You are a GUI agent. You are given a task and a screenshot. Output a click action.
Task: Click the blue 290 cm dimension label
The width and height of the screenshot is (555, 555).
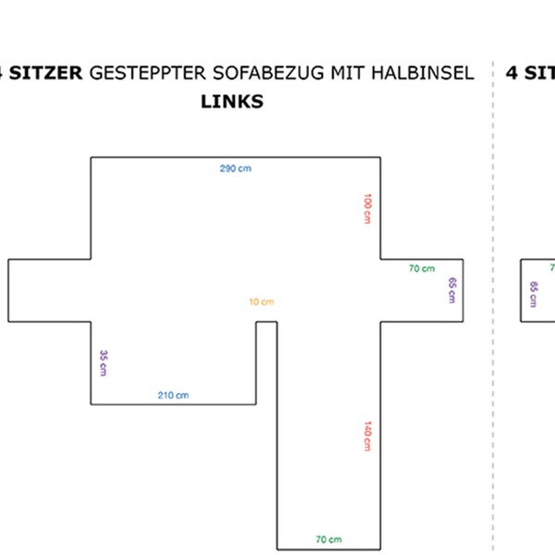[235, 168]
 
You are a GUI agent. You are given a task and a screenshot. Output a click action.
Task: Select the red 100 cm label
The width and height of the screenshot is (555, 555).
[367, 208]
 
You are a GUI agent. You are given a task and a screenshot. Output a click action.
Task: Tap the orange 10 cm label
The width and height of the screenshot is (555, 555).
[262, 302]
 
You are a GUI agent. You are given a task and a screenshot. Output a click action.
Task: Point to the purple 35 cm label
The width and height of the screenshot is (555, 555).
[104, 363]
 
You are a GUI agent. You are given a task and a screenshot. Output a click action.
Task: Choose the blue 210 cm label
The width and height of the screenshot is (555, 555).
[173, 395]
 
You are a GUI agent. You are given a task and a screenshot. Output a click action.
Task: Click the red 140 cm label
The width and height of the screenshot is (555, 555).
[367, 436]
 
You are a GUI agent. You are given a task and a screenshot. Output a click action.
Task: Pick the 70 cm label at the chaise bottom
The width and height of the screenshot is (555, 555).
[328, 539]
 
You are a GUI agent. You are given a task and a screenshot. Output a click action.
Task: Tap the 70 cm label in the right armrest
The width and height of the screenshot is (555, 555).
[422, 268]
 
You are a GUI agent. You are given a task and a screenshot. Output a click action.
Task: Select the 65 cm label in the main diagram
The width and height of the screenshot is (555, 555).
[451, 290]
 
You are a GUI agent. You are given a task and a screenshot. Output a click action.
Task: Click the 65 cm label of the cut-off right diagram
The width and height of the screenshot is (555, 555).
[533, 294]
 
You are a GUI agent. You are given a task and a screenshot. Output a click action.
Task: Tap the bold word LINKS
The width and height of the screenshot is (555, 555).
[231, 102]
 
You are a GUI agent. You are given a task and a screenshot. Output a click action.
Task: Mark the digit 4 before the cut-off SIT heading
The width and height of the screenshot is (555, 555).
[512, 73]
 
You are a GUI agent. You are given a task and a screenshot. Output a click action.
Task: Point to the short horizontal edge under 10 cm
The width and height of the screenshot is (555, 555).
[266, 322]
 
